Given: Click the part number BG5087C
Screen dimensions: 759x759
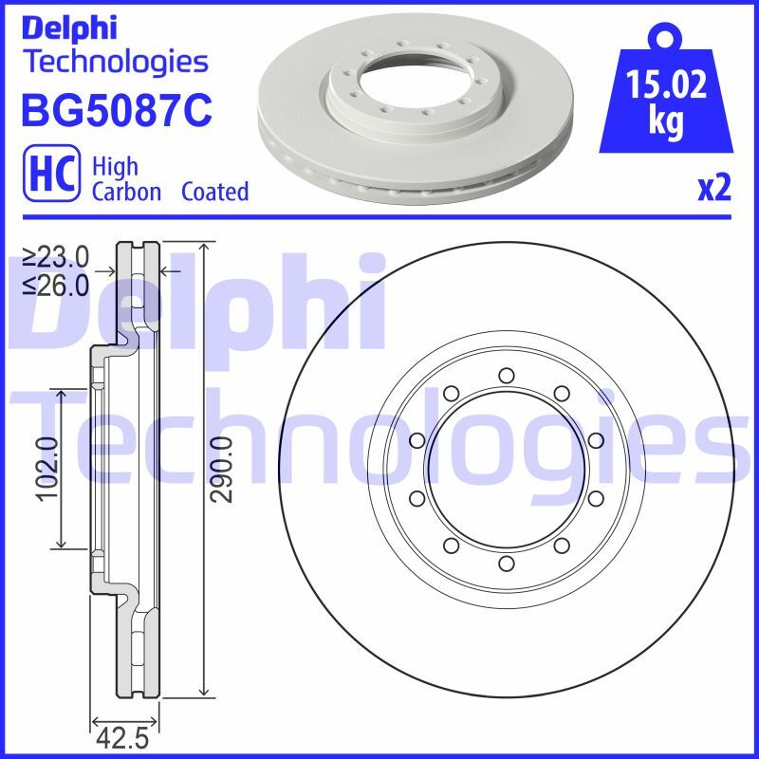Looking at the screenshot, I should [x=116, y=111].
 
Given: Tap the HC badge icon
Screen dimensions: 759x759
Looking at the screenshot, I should [x=53, y=177].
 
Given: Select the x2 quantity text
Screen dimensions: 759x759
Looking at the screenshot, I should [x=714, y=191].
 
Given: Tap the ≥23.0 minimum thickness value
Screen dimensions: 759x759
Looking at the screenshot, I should [x=56, y=255].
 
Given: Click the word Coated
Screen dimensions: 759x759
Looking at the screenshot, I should [x=214, y=192].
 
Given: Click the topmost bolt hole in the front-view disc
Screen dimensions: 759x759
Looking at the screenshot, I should [x=506, y=376].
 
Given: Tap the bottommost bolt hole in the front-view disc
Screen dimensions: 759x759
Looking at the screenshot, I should [x=506, y=564].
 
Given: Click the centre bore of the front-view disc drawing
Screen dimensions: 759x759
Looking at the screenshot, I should [x=506, y=470].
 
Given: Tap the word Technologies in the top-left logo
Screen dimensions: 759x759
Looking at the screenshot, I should [x=115, y=63].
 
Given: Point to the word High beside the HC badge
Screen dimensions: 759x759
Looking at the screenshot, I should [x=115, y=167].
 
